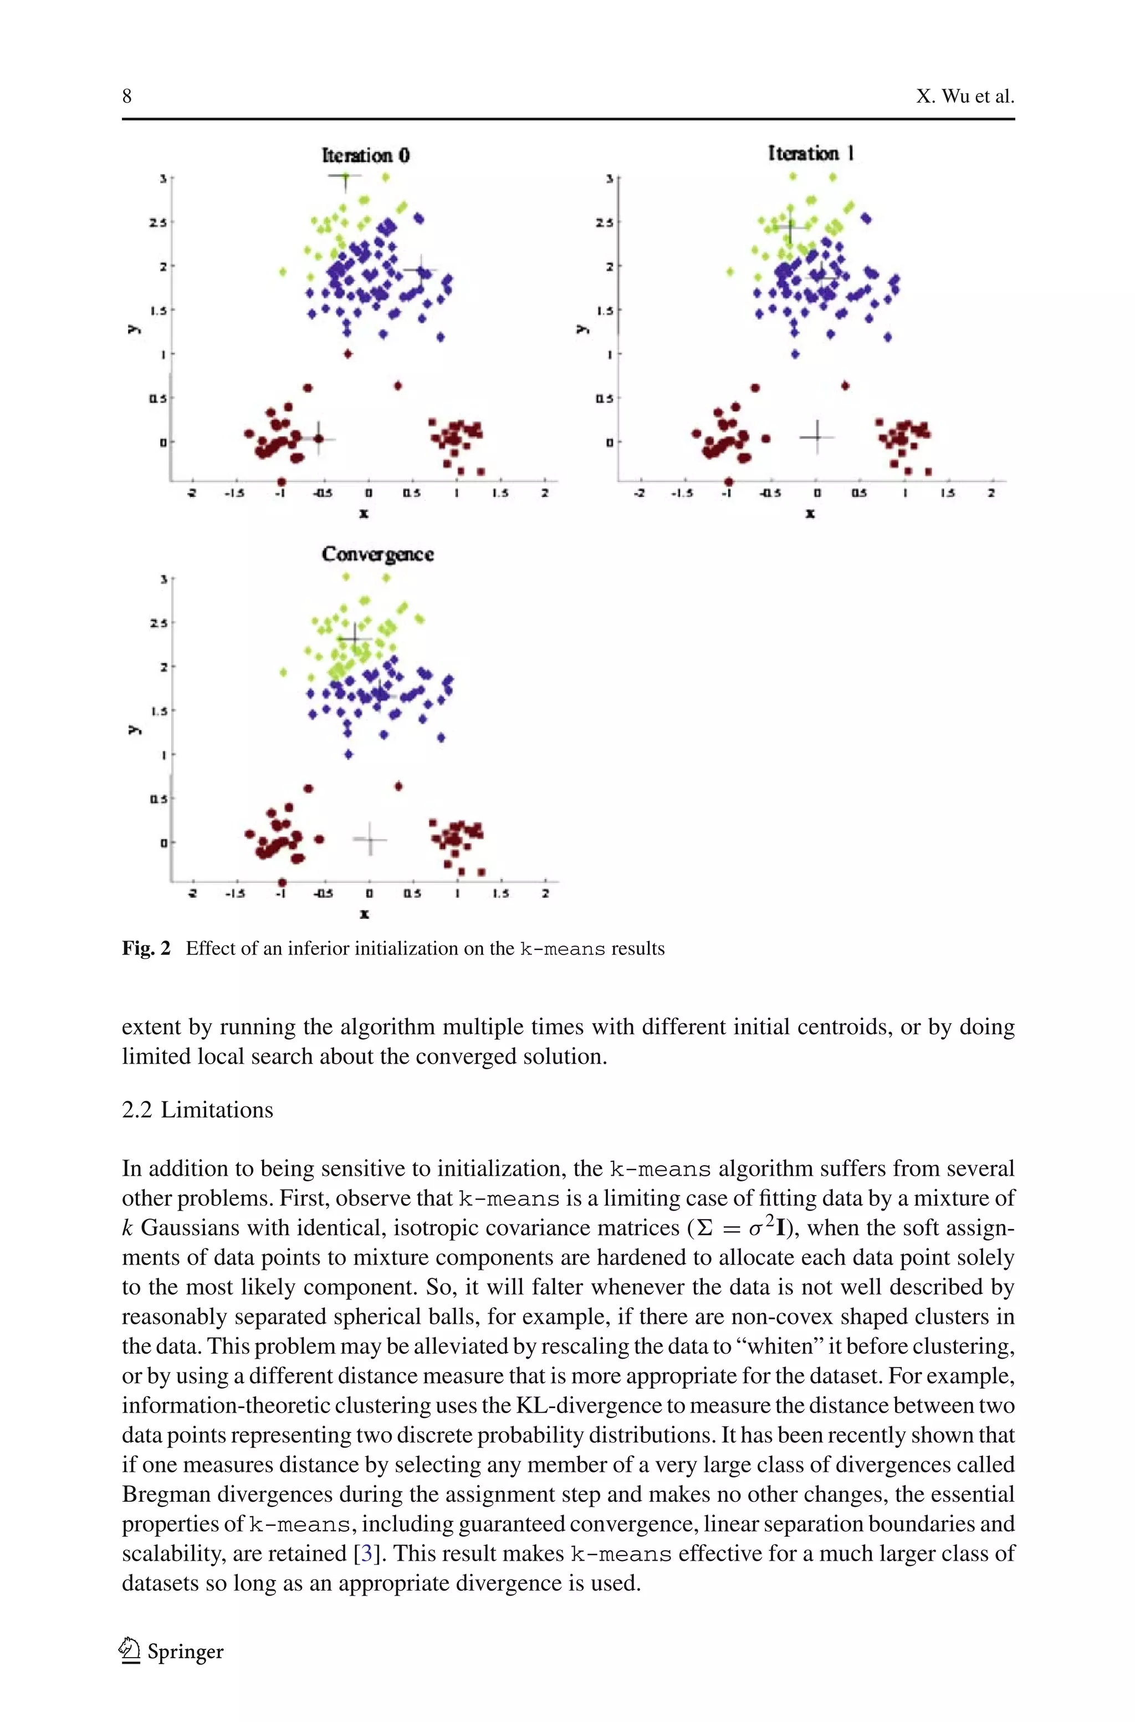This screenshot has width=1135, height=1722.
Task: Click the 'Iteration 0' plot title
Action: [366, 155]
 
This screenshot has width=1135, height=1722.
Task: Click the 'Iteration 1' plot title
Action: [811, 154]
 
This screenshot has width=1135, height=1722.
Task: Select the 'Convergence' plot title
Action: [377, 554]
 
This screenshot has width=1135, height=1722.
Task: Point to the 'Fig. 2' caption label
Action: [146, 948]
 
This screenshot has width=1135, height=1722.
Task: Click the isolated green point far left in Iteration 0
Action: [283, 272]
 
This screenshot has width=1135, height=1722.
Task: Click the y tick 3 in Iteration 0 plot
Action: [163, 178]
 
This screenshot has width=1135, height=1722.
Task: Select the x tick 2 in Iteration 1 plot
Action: [991, 493]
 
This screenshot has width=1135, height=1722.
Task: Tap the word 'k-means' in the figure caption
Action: [562, 948]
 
